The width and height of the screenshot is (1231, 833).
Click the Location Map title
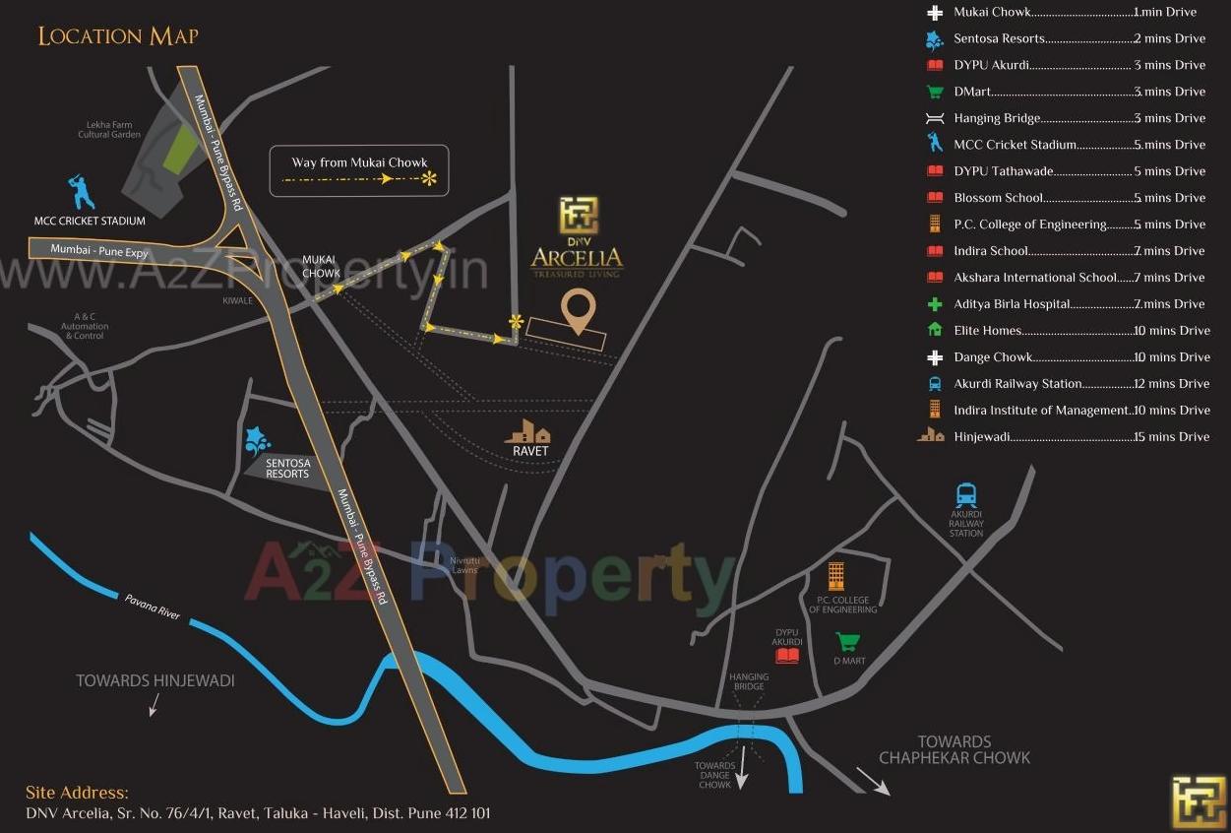pos(118,36)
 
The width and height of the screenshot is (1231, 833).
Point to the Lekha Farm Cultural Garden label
pos(109,129)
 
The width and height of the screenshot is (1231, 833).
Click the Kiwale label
pos(236,300)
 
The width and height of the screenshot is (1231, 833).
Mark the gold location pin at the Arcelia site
pos(578,311)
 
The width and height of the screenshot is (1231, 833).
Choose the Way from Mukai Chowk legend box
pos(360,171)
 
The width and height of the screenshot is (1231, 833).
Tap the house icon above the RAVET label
pos(527,431)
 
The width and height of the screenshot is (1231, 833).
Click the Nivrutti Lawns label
pos(463,565)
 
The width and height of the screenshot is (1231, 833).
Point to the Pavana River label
pos(152,606)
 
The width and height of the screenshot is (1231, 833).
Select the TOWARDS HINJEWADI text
pos(155,680)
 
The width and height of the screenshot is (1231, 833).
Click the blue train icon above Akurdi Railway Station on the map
pos(966,494)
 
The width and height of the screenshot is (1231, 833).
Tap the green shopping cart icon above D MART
pos(847,642)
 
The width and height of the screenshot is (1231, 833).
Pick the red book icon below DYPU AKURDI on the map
pos(787,655)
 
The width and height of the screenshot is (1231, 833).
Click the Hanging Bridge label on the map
pos(749,681)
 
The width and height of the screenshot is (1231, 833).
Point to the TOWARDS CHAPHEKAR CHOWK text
pos(954,749)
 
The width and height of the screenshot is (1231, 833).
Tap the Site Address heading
pos(77,792)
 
